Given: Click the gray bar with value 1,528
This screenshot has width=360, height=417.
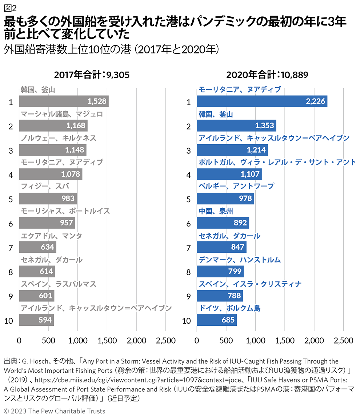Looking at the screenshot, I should point(64,101).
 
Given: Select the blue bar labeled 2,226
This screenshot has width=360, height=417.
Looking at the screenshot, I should point(262,101).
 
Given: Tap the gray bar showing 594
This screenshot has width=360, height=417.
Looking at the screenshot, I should point(36,320).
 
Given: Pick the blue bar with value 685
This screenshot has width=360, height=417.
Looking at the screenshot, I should point(217,320).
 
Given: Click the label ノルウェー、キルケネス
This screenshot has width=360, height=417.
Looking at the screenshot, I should point(59,138).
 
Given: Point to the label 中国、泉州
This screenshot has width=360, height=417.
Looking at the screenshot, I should point(216,211).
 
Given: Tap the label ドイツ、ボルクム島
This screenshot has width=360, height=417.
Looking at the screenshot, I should point(229,308).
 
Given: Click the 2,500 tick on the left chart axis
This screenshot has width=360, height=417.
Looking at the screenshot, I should point(166,341).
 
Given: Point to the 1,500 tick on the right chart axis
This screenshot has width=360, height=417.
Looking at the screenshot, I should point(285,341).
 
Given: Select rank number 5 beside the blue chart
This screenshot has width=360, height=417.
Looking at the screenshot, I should point(188,199).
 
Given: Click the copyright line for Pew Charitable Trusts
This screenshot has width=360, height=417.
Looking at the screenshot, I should point(55,411).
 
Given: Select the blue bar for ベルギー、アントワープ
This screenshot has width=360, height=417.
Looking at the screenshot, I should point(225,199).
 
